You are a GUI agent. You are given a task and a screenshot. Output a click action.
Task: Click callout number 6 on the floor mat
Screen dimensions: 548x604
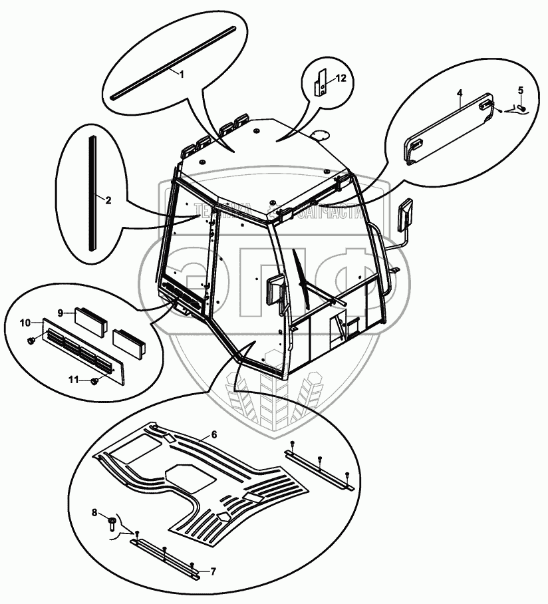tap(214, 434)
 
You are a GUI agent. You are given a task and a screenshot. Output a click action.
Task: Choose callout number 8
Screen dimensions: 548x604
tap(94, 513)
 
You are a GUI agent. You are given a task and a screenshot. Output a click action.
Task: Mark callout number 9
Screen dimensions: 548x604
tap(61, 312)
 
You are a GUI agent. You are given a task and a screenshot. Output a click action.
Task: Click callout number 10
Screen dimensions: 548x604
tap(25, 323)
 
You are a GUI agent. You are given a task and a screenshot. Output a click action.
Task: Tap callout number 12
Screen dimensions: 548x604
tap(341, 78)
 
